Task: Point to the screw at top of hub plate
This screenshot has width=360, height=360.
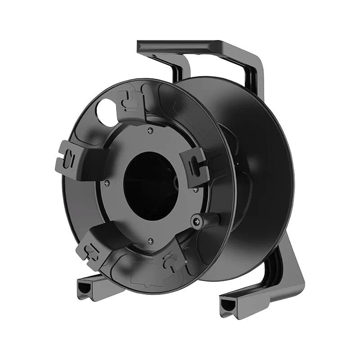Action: (150, 130)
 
